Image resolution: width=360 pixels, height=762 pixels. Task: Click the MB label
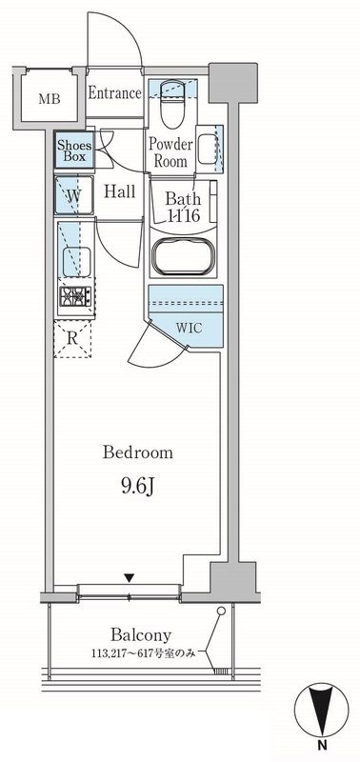(x=50, y=100)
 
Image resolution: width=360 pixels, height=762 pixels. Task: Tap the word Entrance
(x=114, y=92)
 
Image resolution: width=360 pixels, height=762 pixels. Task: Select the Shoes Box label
(x=71, y=150)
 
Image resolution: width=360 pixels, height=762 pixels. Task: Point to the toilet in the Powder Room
(x=172, y=102)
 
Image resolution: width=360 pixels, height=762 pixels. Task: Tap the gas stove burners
(x=75, y=296)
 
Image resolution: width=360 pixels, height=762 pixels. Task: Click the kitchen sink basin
(x=76, y=262)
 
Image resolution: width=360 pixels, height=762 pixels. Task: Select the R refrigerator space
(x=72, y=338)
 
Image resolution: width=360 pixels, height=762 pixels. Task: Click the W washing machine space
(x=74, y=195)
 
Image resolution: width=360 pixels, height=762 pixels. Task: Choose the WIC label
(x=189, y=328)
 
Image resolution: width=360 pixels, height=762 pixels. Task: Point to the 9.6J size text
(x=137, y=487)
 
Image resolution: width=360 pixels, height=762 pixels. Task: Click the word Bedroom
(x=138, y=453)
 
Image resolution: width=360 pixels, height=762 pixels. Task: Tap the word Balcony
(x=141, y=634)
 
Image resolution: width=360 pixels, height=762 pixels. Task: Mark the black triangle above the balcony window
(x=129, y=577)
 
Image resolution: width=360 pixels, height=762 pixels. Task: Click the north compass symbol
(x=321, y=710)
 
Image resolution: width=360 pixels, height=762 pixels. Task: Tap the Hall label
(x=120, y=191)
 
